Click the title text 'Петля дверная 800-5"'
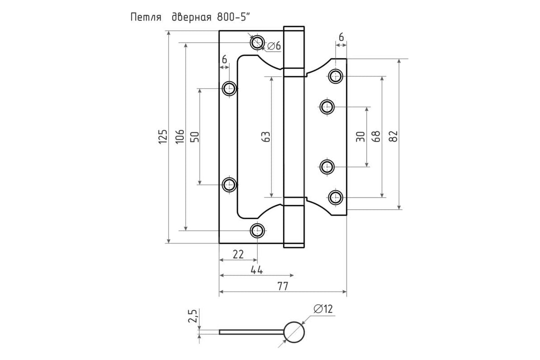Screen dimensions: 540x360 pyautogui.click(x=190, y=18)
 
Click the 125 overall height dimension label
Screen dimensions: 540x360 pyautogui.click(x=163, y=137)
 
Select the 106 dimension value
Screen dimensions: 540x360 pyautogui.click(x=180, y=137)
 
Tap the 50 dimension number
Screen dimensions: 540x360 pyautogui.click(x=195, y=137)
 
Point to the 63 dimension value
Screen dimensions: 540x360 pyautogui.click(x=266, y=137)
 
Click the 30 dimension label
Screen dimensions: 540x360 pyautogui.click(x=360, y=137)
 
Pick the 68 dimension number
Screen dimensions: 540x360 pyautogui.click(x=376, y=136)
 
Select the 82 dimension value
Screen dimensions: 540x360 pyautogui.click(x=393, y=136)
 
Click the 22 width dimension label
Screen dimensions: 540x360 pyautogui.click(x=238, y=254)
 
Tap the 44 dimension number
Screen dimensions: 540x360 pyautogui.click(x=257, y=270)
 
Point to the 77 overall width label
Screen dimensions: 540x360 pyautogui.click(x=283, y=286)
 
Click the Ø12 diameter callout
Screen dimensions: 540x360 pyautogui.click(x=323, y=309)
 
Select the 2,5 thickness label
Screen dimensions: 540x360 pyautogui.click(x=193, y=315)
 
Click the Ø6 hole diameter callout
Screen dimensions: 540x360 pyautogui.click(x=274, y=45)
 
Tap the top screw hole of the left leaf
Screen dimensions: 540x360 pyautogui.click(x=257, y=43)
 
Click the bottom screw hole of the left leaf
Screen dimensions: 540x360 pyautogui.click(x=257, y=230)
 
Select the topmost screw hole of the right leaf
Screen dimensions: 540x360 pyautogui.click(x=335, y=76)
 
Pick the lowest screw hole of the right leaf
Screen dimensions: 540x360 pyautogui.click(x=335, y=198)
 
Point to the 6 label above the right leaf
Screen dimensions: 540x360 pyautogui.click(x=341, y=37)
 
